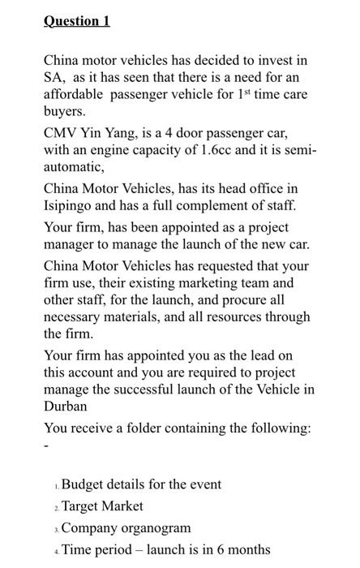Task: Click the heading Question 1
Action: pyautogui.click(x=77, y=21)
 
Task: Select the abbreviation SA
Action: pyautogui.click(x=54, y=78)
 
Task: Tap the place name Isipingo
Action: pyautogui.click(x=71, y=207)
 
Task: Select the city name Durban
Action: pyautogui.click(x=66, y=407)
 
